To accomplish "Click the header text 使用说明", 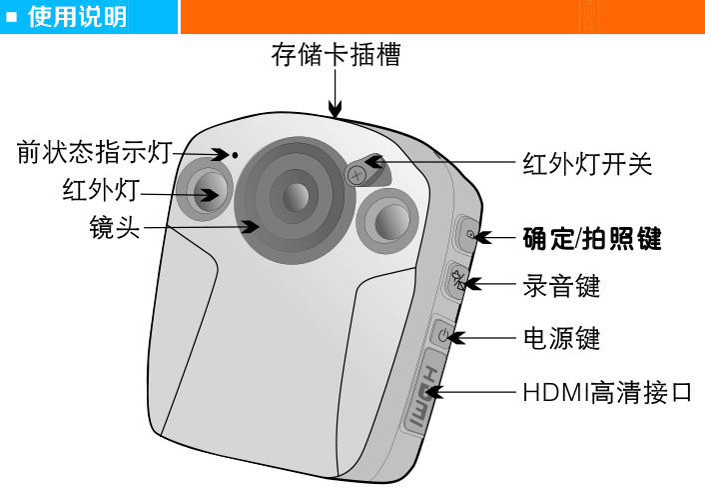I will tap(78, 18).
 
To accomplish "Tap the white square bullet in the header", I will tap(13, 18).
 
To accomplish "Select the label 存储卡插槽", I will tap(336, 55).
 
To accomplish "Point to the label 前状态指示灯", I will tap(95, 153).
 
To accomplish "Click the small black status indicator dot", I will tap(234, 156).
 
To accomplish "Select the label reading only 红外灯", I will tap(99, 190).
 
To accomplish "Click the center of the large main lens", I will tap(294, 196).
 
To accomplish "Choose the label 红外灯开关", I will tap(587, 164).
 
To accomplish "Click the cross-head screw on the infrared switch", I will tap(355, 174).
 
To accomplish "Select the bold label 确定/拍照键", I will tap(592, 240).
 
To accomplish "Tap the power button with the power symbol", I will tap(443, 333).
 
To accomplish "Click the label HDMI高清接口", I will tap(607, 390).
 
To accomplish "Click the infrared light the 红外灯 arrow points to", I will tap(207, 190).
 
